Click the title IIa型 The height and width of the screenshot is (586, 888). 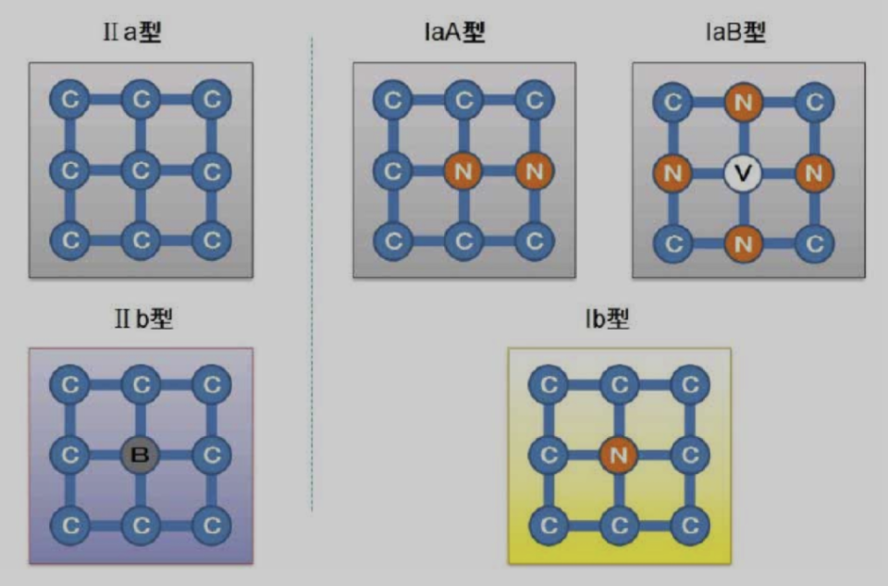[x=132, y=31]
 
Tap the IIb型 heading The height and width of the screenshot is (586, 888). [x=143, y=318]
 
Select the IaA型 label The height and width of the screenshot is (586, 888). [x=454, y=31]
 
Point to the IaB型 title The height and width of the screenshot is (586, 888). [x=735, y=31]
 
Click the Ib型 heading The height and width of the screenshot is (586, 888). [x=607, y=318]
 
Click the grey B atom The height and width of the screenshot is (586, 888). [x=140, y=455]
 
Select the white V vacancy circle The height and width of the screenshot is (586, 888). [x=743, y=173]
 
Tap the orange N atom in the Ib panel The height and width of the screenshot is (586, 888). [x=619, y=455]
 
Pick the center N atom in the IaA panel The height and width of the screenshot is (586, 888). [x=463, y=170]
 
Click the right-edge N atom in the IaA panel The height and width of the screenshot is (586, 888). [x=535, y=170]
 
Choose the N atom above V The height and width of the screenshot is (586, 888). [x=743, y=102]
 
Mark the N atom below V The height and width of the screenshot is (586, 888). [x=743, y=243]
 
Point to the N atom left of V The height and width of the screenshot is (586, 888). [x=672, y=173]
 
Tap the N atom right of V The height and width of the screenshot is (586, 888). [x=814, y=173]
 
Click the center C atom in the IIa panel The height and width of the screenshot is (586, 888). [x=141, y=170]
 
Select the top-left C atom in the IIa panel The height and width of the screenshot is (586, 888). [x=69, y=99]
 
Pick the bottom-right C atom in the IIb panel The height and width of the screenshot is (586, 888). [x=211, y=525]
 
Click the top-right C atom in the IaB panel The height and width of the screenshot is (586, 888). [x=814, y=102]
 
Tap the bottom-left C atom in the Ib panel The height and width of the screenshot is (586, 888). [x=549, y=525]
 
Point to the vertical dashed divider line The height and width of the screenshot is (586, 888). [x=312, y=274]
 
